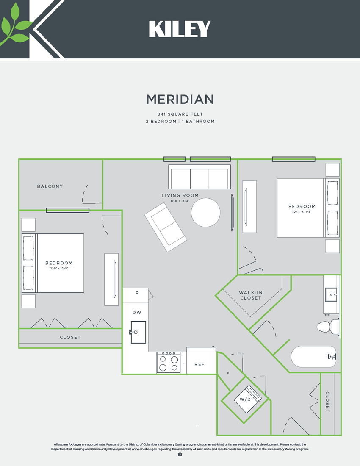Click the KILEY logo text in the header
pos(180,29)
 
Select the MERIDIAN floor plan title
pos(180,100)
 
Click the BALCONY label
pos(50,186)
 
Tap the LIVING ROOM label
pos(180,195)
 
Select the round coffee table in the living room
pos(205,212)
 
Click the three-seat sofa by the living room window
pos(199,177)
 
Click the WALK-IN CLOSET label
pos(250,295)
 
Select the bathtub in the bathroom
pos(314,357)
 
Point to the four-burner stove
pos(169,363)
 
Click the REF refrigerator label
pos(199,364)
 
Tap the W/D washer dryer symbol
pos(245,399)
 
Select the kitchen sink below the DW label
pos(138,332)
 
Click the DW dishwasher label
pos(137,313)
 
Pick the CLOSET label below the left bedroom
pos(70,338)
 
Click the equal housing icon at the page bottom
pos(180,455)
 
